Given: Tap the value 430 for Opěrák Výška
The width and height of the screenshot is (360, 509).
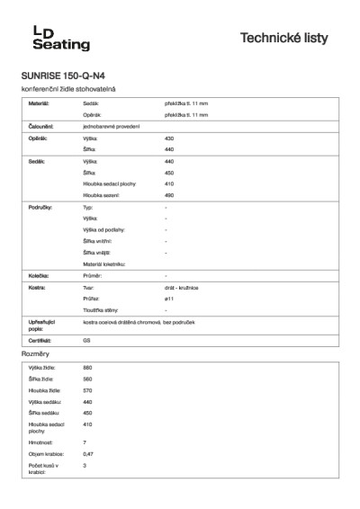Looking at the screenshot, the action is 169,138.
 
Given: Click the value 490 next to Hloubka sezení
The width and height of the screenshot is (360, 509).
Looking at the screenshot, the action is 169,194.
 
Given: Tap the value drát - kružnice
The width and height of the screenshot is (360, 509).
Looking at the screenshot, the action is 182,286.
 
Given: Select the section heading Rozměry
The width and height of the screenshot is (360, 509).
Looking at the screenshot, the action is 35,356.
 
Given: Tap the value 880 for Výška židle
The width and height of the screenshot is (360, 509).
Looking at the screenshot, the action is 87,368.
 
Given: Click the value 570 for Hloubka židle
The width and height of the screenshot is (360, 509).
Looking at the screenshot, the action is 87,390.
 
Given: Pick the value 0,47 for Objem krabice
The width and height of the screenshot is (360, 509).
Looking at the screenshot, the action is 88,454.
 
